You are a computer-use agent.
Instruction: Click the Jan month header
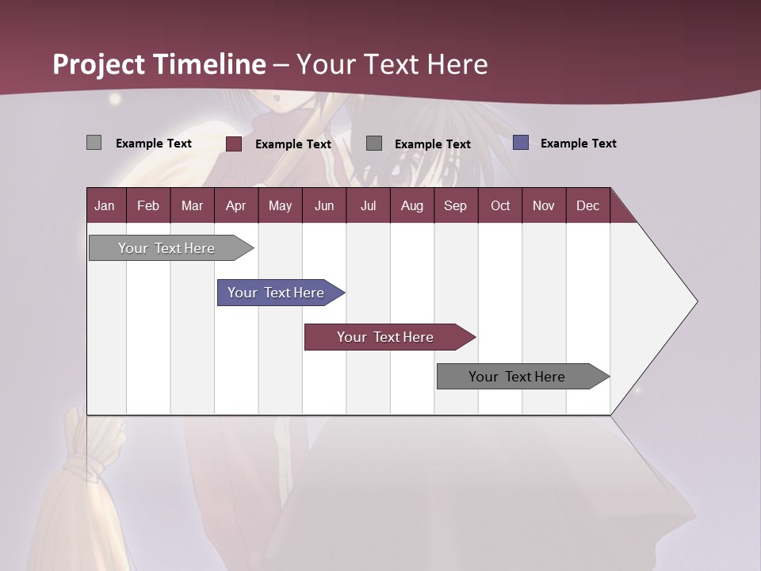point(105,205)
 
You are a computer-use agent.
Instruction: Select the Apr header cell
point(235,205)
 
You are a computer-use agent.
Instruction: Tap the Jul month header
point(368,205)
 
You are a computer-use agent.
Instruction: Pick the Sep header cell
point(455,205)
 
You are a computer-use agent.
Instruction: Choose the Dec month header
point(587,205)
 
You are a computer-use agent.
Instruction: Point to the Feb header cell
point(148,205)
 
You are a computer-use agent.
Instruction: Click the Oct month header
point(500,205)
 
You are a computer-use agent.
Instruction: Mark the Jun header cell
point(324,205)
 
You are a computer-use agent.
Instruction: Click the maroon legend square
point(234,144)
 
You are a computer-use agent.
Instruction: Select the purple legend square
point(521,143)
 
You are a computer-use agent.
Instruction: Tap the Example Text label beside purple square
point(578,144)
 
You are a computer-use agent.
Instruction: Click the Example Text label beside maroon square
point(293,144)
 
